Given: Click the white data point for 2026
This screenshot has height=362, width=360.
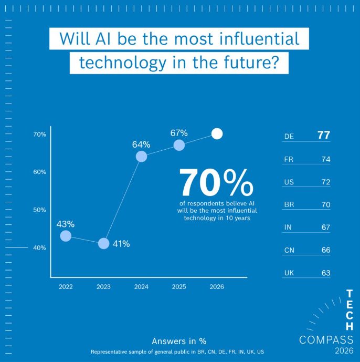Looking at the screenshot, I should (x=217, y=133).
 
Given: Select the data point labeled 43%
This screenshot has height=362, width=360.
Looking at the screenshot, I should (x=66, y=236).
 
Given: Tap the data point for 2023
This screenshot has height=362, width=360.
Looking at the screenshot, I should (x=104, y=243).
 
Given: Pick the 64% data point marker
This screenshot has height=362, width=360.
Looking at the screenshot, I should (x=141, y=156).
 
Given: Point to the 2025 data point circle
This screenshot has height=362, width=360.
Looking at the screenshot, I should (x=179, y=145).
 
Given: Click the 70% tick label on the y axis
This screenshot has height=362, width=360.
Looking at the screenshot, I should (x=40, y=135).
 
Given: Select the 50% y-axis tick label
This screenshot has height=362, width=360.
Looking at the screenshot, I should (x=40, y=210).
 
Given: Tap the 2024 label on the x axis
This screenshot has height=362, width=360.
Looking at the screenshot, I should (x=141, y=287).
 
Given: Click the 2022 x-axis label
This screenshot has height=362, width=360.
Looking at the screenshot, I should (x=66, y=287).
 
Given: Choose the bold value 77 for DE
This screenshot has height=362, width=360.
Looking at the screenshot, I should (x=324, y=136).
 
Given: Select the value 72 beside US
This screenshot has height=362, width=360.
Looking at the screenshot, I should (x=325, y=182).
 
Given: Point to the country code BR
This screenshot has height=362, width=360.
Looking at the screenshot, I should (x=289, y=205).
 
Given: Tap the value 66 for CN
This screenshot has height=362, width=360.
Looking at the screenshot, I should (x=325, y=250).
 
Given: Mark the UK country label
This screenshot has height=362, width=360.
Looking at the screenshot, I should (x=289, y=273).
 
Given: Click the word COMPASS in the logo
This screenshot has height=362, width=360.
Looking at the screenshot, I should (x=326, y=340).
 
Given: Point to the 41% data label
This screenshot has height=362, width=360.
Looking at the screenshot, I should (x=121, y=244).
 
